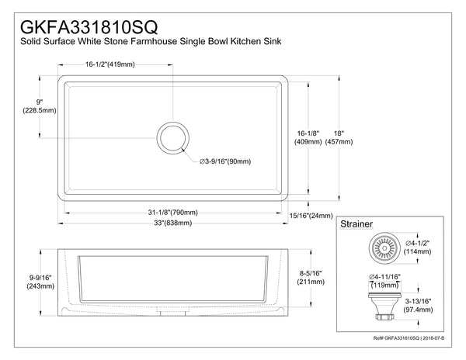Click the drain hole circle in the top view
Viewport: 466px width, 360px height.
(172, 138)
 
